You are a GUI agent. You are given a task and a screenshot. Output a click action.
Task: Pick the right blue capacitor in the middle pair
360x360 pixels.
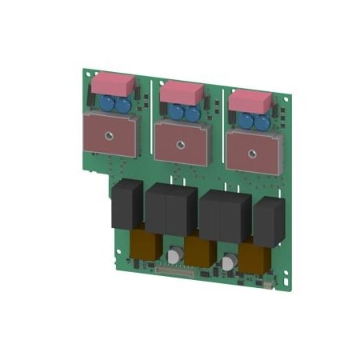(x=192, y=114)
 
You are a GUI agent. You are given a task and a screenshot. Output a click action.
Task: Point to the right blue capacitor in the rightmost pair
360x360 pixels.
(x=261, y=122)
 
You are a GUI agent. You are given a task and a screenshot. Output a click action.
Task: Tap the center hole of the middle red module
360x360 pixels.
(x=180, y=143)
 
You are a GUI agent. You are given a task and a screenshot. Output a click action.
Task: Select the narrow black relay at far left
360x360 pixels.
(x=126, y=204)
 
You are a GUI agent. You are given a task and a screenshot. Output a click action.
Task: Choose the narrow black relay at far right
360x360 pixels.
(x=268, y=220)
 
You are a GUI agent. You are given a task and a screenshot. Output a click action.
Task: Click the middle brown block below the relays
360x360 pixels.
(x=199, y=250)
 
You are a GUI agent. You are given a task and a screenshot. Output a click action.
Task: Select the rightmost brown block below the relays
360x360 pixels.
(x=254, y=258)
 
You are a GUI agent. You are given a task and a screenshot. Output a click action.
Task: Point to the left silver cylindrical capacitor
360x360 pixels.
(x=174, y=257)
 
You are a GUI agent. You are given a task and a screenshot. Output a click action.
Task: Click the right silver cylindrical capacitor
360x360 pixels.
(x=230, y=263)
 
